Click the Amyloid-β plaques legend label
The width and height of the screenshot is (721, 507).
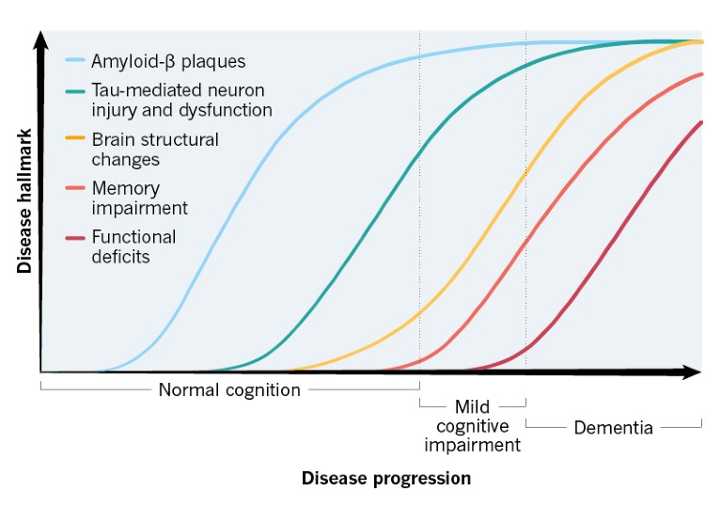(168, 62)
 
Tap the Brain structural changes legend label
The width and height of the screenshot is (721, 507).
(154, 150)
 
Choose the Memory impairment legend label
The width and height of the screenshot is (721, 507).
(139, 198)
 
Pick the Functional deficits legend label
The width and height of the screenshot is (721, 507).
(133, 246)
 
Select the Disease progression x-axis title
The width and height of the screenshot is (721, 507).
(385, 479)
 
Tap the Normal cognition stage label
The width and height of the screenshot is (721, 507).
(229, 389)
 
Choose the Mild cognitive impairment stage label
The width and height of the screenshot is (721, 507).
(472, 425)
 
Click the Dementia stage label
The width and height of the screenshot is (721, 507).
(613, 427)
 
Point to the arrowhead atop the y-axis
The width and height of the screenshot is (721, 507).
(40, 40)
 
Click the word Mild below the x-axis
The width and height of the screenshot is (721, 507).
(472, 406)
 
